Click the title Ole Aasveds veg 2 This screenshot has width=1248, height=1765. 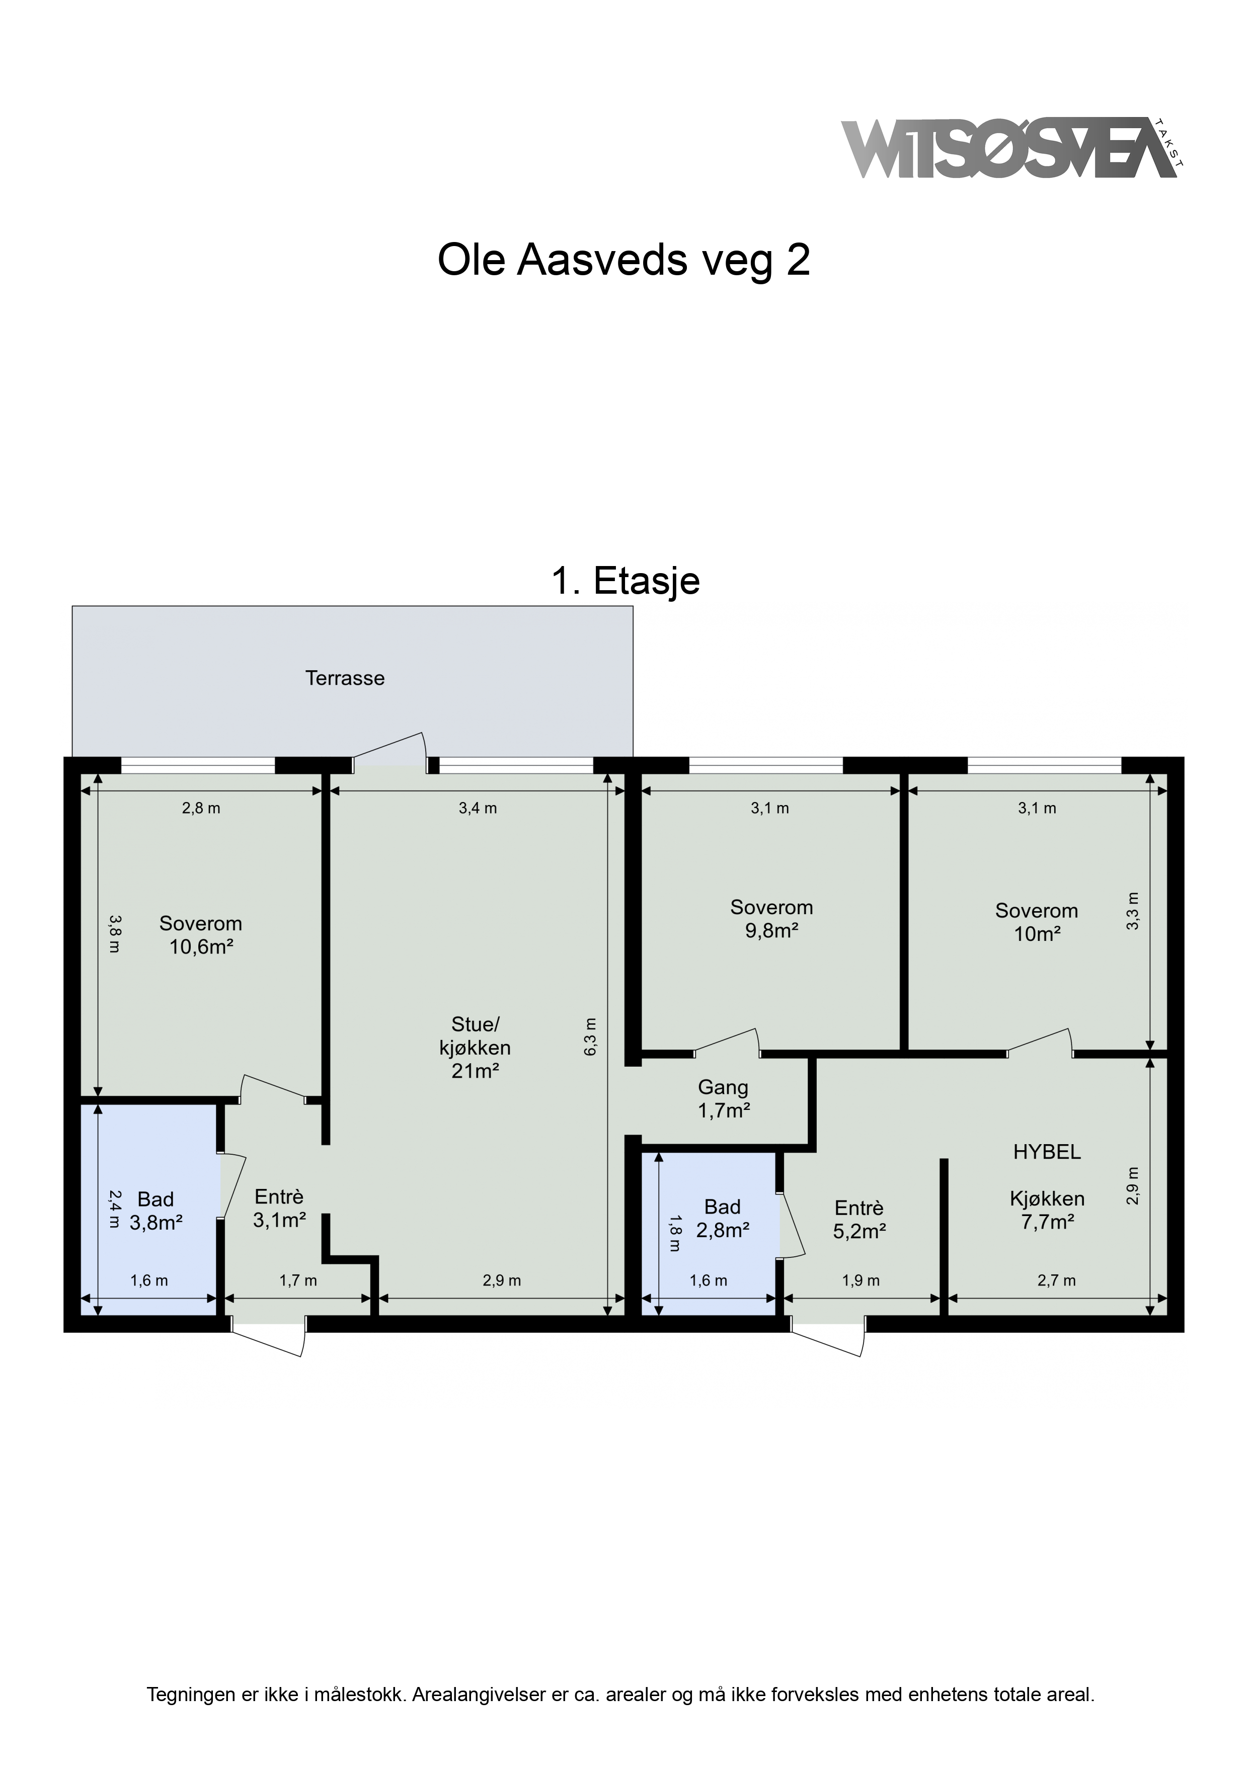click(623, 261)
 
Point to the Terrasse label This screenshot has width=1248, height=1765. click(345, 678)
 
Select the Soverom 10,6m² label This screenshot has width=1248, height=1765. click(201, 935)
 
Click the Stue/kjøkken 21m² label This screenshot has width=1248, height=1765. click(475, 1047)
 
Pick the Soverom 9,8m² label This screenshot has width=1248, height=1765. click(771, 919)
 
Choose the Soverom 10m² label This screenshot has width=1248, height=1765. click(1037, 922)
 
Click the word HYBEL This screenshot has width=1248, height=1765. click(1047, 1152)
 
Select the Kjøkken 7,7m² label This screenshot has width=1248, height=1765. click(1047, 1210)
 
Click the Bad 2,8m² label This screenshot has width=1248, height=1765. click(723, 1219)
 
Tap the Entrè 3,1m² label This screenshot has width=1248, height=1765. click(280, 1208)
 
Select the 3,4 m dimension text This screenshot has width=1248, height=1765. click(478, 808)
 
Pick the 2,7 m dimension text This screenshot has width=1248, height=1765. click(1057, 1280)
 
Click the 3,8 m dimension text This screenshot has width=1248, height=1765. click(114, 933)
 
